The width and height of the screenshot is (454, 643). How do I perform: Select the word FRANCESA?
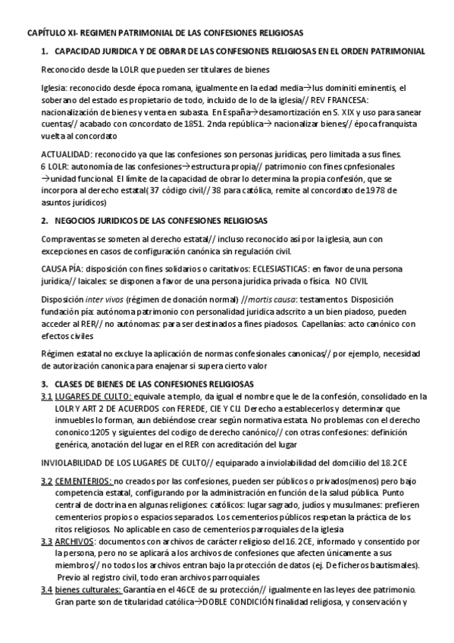tap(375, 100)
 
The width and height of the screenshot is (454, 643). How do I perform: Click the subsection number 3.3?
tap(46, 543)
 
